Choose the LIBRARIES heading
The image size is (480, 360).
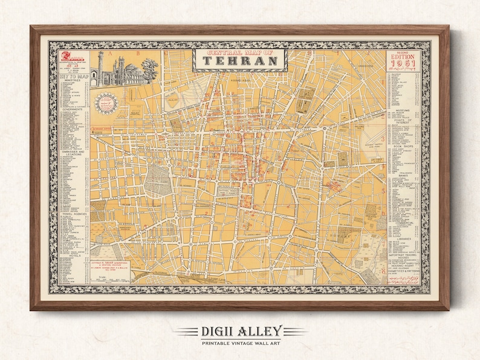(x=403, y=239)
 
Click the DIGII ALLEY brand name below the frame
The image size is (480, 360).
(x=239, y=330)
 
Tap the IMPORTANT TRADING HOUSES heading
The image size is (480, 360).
(x=403, y=257)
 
